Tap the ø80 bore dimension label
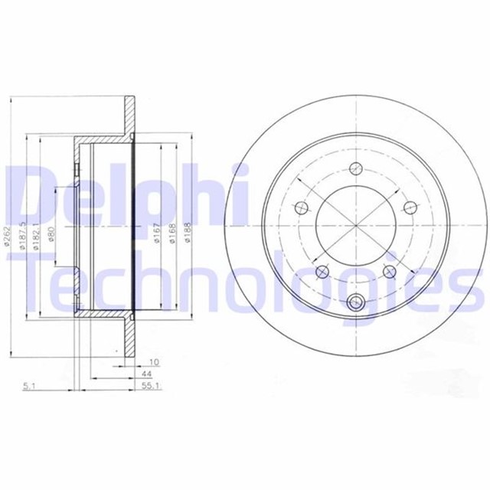click(51, 233)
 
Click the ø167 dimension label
click(157, 233)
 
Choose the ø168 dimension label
click(173, 233)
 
